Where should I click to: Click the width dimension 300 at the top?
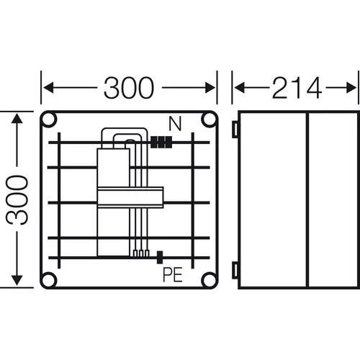[129, 88]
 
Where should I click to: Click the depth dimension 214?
[296, 88]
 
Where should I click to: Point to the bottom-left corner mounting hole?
[49, 279]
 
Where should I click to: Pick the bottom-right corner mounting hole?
[210, 279]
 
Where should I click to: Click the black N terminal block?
[163, 143]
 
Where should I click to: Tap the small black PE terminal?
[159, 254]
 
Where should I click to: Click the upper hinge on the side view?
[235, 128]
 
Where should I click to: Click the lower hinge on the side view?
[235, 270]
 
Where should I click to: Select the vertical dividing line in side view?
[307, 199]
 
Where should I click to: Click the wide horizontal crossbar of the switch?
[131, 197]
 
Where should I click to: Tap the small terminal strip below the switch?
[140, 253]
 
